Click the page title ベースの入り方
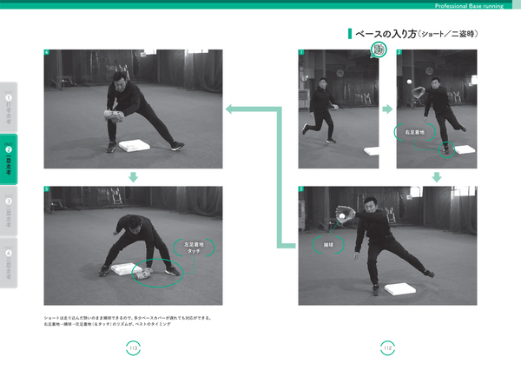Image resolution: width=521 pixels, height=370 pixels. (x=382, y=34)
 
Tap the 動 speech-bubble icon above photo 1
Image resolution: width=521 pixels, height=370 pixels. (x=379, y=50)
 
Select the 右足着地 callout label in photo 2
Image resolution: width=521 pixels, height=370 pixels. (x=414, y=133)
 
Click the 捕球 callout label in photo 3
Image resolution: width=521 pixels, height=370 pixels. (x=328, y=246)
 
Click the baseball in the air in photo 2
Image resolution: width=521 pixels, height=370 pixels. (x=406, y=79)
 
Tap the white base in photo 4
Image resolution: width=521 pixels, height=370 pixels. (x=135, y=146)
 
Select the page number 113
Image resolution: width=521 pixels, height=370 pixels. (x=133, y=347)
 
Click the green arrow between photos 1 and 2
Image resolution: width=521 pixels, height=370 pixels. (x=387, y=109)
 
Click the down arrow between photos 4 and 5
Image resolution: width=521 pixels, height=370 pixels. (x=133, y=176)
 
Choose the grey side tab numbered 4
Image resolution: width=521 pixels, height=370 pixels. (x=9, y=261)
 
